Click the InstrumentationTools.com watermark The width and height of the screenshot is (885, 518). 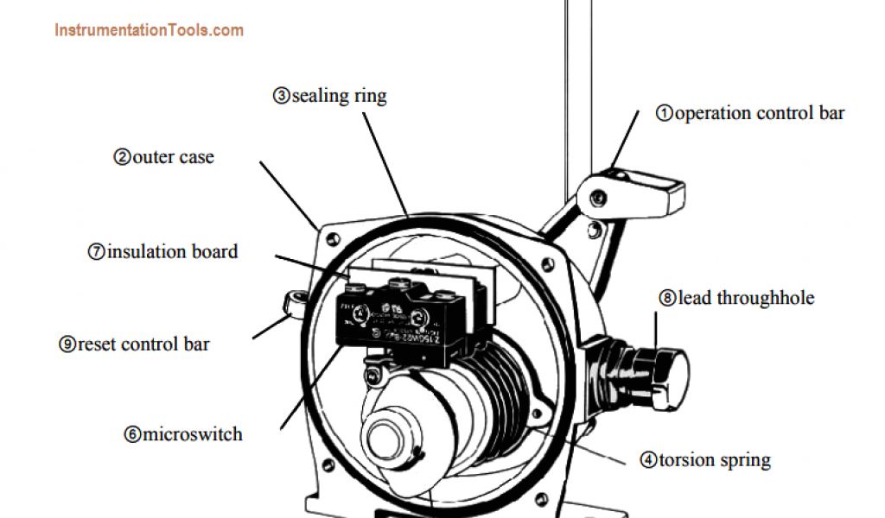click(149, 30)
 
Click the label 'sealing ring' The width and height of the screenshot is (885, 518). click(339, 95)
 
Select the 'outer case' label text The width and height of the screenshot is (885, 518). click(173, 158)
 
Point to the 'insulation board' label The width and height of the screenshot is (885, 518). click(172, 252)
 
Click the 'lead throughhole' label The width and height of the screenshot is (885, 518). click(746, 299)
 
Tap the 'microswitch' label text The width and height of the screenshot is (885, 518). click(193, 433)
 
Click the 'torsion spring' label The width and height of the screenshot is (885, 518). click(715, 459)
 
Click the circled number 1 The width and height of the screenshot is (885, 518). click(665, 113)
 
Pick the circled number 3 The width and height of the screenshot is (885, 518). click(282, 95)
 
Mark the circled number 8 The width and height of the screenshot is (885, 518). click(668, 299)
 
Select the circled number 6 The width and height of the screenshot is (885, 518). click(132, 434)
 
